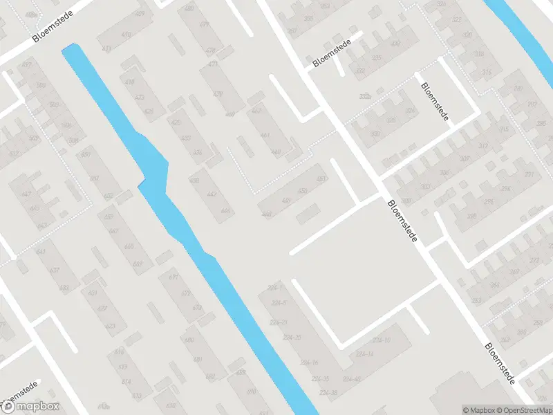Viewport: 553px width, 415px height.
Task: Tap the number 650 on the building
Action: tap(85, 154)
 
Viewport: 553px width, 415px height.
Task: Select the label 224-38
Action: tap(328, 393)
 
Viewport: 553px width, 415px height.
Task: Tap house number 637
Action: tap(55, 270)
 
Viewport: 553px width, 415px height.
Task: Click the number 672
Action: tap(186, 294)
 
